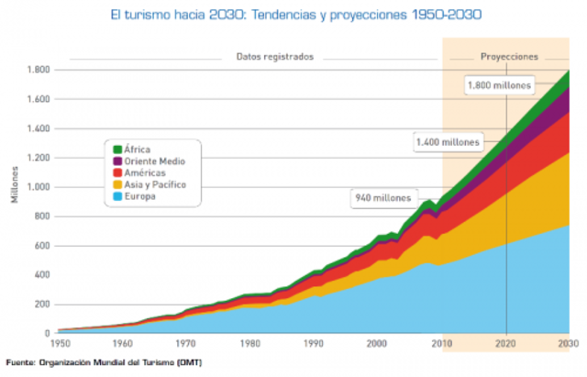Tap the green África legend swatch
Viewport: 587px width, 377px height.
[118, 150]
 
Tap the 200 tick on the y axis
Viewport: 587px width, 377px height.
[40, 305]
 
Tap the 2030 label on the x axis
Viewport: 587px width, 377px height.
[568, 343]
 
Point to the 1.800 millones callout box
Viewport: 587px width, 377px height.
[499, 85]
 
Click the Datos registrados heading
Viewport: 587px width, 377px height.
[275, 56]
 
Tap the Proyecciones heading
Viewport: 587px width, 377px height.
[509, 56]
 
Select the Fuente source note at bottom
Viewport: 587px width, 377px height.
[104, 362]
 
